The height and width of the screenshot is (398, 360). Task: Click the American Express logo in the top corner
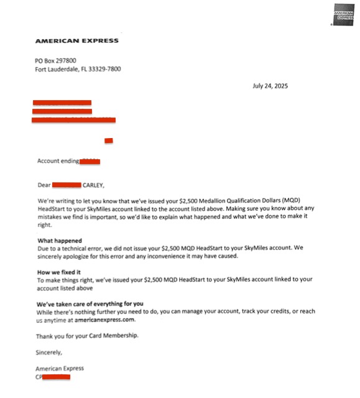coord(343,17)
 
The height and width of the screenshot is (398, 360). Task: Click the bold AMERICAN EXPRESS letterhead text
coord(76,41)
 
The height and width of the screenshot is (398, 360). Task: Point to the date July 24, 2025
coord(270,86)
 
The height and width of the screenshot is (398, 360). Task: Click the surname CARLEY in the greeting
coord(94,185)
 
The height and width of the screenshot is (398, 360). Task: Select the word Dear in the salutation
coord(44,185)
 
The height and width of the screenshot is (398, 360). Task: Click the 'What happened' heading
coord(60,240)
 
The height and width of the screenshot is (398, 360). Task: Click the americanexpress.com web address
coord(105,320)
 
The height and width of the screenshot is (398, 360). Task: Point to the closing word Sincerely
coord(50,351)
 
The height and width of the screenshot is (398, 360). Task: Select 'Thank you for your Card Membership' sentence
coord(87,336)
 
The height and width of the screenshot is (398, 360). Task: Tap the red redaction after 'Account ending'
coord(90,161)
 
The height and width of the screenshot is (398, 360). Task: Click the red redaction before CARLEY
coord(67,185)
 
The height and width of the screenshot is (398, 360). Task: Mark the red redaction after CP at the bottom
coord(56,376)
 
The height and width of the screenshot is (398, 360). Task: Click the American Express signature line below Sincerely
coord(60,368)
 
